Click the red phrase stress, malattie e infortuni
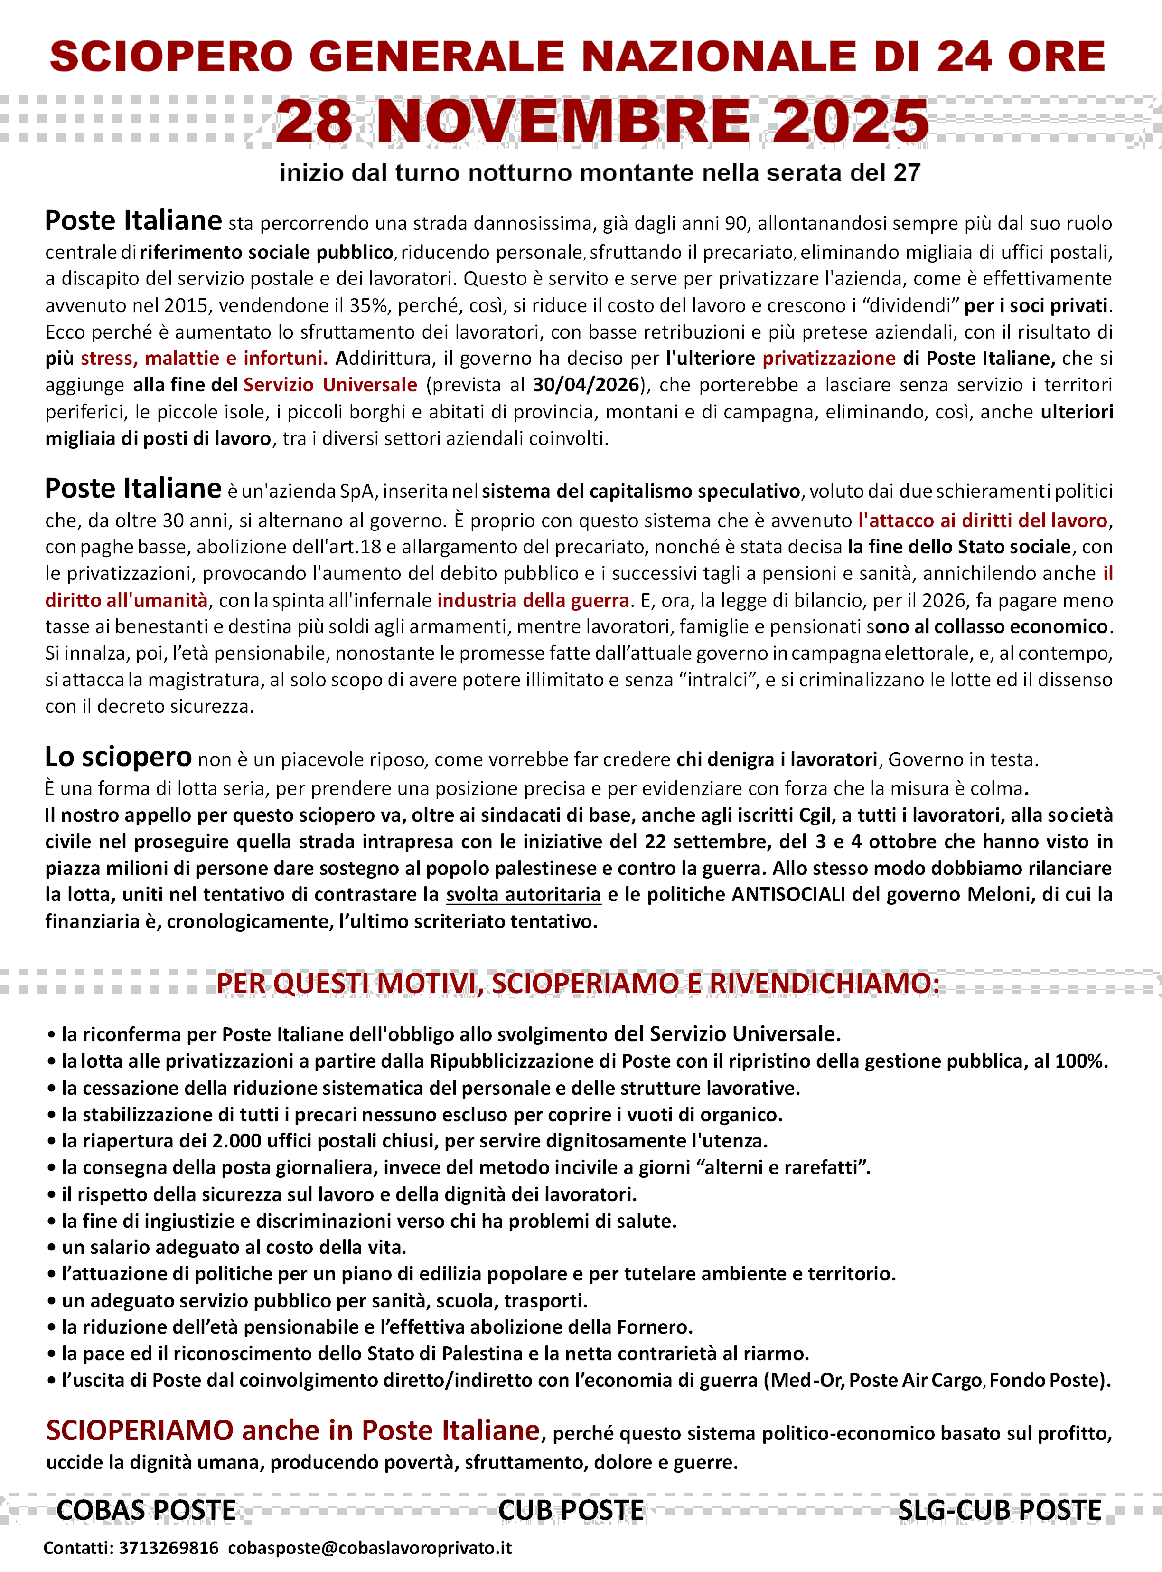coord(204,358)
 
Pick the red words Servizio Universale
coord(330,385)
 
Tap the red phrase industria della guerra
coord(533,600)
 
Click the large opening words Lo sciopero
coord(118,757)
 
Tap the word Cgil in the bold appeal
coord(815,815)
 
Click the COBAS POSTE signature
coord(146,1510)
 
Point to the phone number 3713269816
coord(169,1548)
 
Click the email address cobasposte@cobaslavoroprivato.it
coord(370,1548)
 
